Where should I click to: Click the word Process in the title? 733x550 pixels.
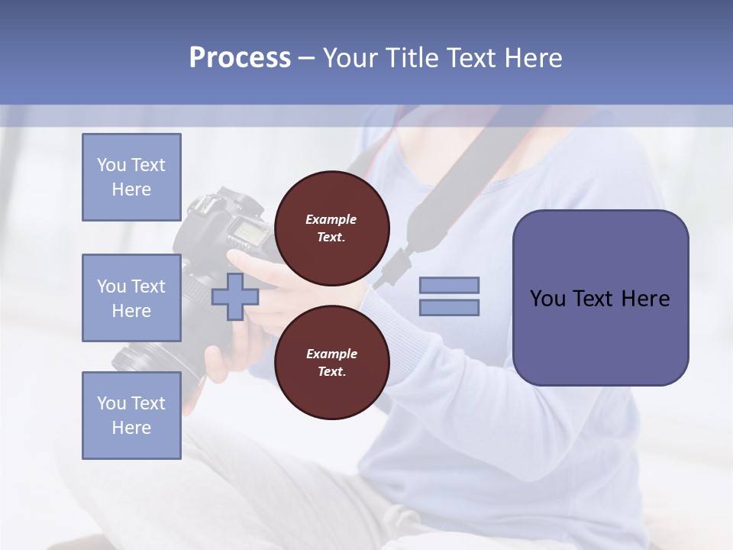click(240, 58)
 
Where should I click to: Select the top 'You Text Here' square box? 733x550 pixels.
click(131, 177)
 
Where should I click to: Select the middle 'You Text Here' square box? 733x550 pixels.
click(131, 298)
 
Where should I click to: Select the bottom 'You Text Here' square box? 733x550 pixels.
click(131, 416)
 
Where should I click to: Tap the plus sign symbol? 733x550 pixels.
click(234, 297)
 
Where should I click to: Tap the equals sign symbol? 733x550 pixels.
click(449, 296)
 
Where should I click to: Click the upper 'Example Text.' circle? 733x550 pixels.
click(331, 228)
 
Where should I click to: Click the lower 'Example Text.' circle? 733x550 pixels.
click(331, 363)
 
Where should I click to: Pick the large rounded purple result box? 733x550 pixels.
click(600, 298)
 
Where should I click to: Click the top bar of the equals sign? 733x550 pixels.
click(449, 286)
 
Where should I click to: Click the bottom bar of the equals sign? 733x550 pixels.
click(449, 307)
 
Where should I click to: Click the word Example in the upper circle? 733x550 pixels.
click(331, 219)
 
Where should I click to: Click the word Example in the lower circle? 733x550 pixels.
click(331, 354)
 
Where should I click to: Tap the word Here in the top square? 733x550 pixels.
click(131, 189)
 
